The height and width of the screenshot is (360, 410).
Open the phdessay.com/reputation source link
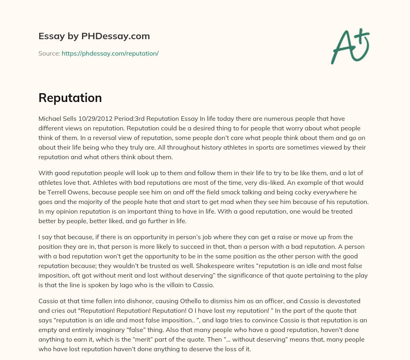click(110, 53)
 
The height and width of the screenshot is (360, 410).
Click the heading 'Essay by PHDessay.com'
click(94, 36)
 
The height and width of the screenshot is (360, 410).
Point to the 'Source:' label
click(49, 53)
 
